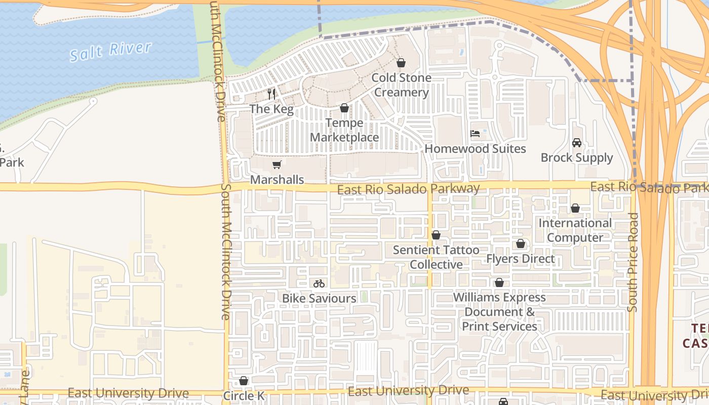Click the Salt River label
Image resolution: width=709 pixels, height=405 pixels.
[x=110, y=52]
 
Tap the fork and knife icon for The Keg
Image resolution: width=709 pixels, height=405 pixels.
[x=271, y=94]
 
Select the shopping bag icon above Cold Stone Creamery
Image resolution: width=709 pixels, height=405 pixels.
[x=401, y=63]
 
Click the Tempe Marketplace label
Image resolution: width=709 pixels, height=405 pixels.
[x=344, y=130]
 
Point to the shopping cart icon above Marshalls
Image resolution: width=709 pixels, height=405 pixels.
[x=277, y=165]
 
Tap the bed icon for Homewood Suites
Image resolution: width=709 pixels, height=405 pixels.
[x=475, y=134]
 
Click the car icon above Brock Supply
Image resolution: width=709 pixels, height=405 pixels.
[x=577, y=143]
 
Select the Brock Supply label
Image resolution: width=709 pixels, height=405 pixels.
[x=577, y=157]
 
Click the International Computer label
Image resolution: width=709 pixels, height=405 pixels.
[x=575, y=230]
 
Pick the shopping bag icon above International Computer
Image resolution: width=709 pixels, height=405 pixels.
[x=575, y=208]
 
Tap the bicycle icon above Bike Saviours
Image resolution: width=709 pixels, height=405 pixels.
[x=319, y=283]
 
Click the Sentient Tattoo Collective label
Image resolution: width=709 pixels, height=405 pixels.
[x=436, y=257]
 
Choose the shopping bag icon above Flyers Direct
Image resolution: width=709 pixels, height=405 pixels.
[x=521, y=244]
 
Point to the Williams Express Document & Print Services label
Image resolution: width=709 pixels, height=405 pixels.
[x=499, y=312]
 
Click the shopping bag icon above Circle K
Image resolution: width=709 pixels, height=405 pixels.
[x=244, y=381]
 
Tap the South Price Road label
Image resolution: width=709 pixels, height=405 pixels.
[x=633, y=262]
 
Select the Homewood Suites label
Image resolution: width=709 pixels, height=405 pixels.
[x=475, y=149]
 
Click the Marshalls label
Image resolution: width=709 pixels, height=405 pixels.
[x=277, y=180]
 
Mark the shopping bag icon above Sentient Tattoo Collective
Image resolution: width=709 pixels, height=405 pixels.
[x=436, y=235]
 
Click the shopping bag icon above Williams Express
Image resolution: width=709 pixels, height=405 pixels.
[x=499, y=282]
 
